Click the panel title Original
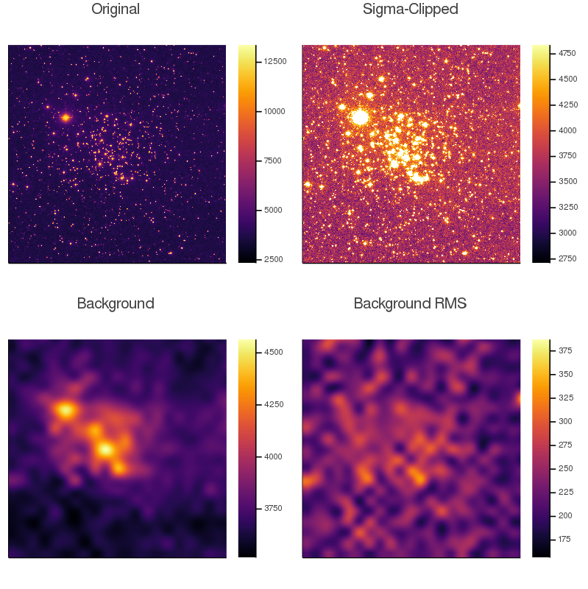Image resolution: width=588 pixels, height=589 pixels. click(x=116, y=10)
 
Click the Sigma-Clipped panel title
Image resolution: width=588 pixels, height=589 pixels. click(x=411, y=10)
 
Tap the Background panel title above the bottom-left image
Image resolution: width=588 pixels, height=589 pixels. click(x=116, y=303)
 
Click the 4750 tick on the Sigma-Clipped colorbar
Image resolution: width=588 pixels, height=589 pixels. click(x=567, y=53)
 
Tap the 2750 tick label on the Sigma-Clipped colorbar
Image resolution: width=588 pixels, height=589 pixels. click(x=567, y=258)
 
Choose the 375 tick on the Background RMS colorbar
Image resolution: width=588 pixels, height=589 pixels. click(x=565, y=350)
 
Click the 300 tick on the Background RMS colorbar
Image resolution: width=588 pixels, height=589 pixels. click(x=565, y=421)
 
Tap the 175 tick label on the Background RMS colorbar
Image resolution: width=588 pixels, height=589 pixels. click(x=565, y=539)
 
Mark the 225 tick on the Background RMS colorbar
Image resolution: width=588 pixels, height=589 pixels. click(x=565, y=492)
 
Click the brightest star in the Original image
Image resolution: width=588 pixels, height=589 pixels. click(x=65, y=117)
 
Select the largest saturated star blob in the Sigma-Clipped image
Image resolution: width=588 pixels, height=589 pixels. click(x=360, y=117)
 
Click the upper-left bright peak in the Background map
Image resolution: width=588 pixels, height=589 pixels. click(x=66, y=410)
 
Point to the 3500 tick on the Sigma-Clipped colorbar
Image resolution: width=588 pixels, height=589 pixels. click(x=567, y=181)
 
